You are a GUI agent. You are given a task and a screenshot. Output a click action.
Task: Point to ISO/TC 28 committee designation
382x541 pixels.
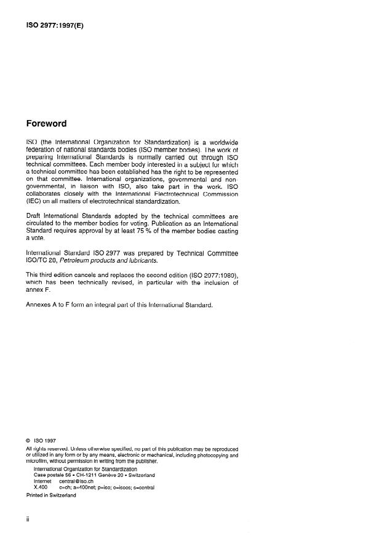coord(42,261)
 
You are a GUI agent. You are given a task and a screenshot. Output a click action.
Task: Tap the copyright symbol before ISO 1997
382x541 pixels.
coord(29,441)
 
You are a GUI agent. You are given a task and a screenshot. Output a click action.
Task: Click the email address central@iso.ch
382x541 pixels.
coord(76,481)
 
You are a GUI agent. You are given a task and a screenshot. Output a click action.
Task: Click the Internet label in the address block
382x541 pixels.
coord(43,481)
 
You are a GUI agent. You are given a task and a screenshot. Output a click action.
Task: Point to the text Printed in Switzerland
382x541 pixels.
coord(51,495)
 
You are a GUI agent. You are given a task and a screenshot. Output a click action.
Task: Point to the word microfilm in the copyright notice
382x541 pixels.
coord(39,460)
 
